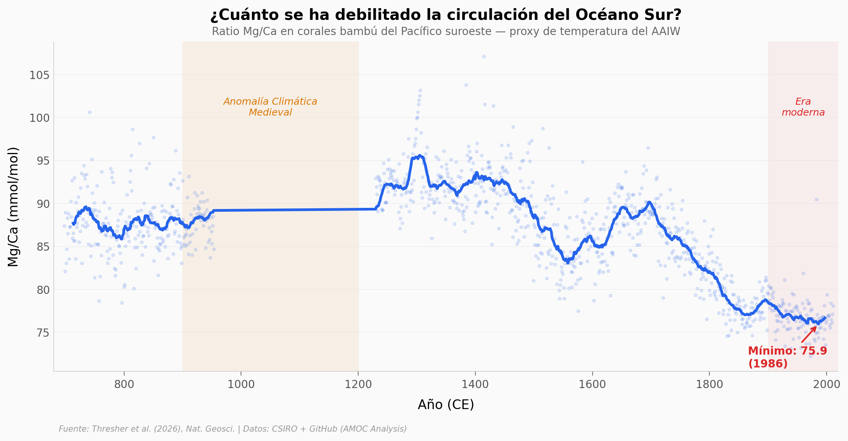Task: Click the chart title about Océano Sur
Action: click(x=446, y=15)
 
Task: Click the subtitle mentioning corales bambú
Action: click(x=446, y=32)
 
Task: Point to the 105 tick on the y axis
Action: click(x=39, y=75)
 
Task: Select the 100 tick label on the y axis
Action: click(x=39, y=118)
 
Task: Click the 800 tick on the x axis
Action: click(x=124, y=385)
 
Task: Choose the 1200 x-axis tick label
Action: click(x=358, y=385)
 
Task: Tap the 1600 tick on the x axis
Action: click(x=592, y=385)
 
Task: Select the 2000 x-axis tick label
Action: click(x=826, y=385)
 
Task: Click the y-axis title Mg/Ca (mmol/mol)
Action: click(x=13, y=207)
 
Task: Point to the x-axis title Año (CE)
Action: click(x=446, y=405)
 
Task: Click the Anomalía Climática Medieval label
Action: click(x=270, y=107)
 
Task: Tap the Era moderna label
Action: click(x=803, y=107)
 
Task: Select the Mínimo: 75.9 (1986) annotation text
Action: click(x=787, y=357)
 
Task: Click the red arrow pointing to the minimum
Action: click(x=809, y=334)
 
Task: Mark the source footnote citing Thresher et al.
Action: click(x=232, y=429)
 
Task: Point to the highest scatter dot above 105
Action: click(x=484, y=56)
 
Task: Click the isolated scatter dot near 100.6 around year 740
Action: click(x=90, y=112)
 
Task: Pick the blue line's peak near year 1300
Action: click(x=420, y=156)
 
